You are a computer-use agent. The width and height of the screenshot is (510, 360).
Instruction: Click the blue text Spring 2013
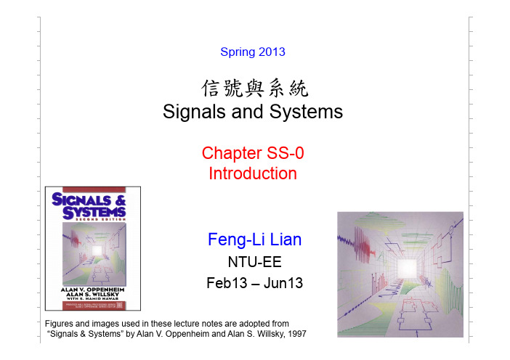pos(253,52)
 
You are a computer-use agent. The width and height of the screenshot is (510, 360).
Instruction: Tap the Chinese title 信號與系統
pos(254,88)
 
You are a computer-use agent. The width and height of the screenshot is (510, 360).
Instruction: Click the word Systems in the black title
pos(306,112)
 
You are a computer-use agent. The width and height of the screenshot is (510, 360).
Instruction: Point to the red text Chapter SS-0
pos(253,153)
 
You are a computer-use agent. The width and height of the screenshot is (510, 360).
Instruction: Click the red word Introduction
pos(253,173)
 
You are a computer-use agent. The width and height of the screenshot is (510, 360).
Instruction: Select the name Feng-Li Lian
pos(255,240)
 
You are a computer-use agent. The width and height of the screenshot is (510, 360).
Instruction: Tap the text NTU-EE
pos(255,262)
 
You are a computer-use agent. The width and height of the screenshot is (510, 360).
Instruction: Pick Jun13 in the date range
pos(283,282)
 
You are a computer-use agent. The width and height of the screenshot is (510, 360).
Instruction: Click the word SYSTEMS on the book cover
pos(94,213)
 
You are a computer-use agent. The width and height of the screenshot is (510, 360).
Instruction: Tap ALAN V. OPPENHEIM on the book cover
pos(93,290)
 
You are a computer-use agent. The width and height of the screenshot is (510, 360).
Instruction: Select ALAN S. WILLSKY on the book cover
pos(93,294)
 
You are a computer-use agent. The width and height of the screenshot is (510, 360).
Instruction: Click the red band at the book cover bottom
pos(94,305)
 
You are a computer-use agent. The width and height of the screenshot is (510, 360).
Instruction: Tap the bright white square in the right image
pos(407,269)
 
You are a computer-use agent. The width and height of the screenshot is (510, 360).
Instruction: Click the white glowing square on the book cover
pos(97,250)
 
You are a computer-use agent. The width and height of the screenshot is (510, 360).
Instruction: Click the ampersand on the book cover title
pos(121,200)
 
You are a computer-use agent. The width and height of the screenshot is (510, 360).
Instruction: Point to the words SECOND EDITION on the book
pos(100,220)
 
